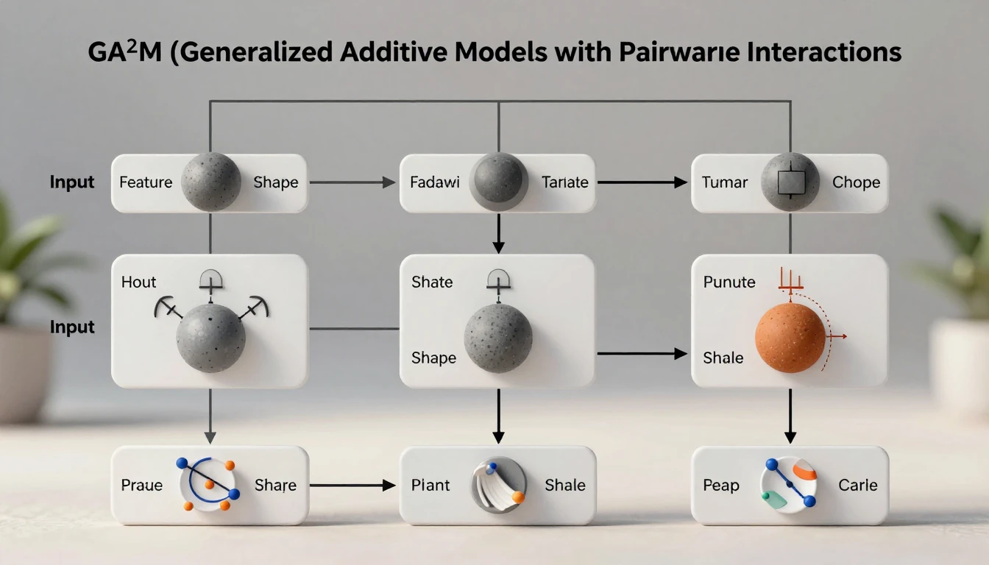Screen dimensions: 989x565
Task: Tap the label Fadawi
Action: tap(435, 182)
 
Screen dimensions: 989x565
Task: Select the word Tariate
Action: tap(565, 182)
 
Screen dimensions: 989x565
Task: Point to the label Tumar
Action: tap(725, 182)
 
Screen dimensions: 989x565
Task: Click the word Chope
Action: tap(856, 182)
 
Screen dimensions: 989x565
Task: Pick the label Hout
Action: tap(139, 282)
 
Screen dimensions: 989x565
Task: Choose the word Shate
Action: tap(432, 282)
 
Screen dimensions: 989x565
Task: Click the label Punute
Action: tap(729, 282)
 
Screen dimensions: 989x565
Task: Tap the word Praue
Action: tap(141, 486)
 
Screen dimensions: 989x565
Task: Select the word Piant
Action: tap(430, 486)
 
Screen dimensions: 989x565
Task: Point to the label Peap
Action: tap(720, 486)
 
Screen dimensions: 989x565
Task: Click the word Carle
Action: tap(858, 486)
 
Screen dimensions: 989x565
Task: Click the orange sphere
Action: tap(790, 338)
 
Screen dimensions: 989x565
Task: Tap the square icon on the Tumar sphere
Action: tap(790, 182)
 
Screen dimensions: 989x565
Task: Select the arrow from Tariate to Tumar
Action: tap(642, 182)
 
